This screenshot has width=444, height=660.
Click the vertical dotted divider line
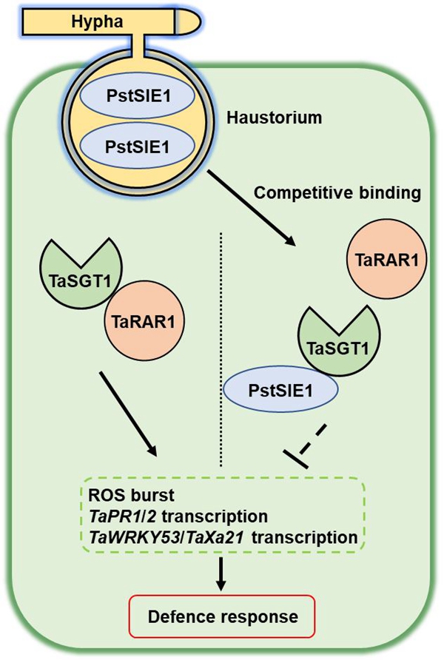pyautogui.click(x=221, y=348)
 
